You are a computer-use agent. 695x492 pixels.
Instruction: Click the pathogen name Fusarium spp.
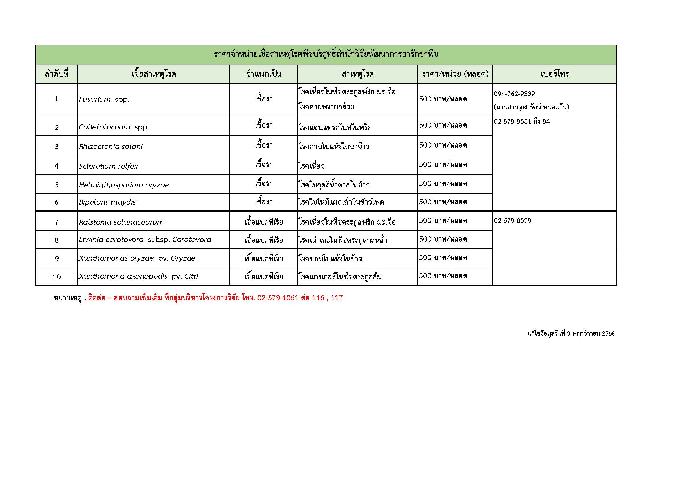coord(104,99)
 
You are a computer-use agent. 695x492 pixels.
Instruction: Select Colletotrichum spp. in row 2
coord(114,127)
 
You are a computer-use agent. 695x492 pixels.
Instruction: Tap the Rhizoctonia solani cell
coord(111,147)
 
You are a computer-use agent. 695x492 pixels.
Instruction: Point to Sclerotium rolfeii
coord(108,166)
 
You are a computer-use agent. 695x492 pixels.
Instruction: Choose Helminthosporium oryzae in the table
coord(124,185)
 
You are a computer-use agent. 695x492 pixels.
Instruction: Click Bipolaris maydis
coord(107,202)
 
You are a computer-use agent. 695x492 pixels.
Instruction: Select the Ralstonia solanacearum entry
coord(121,222)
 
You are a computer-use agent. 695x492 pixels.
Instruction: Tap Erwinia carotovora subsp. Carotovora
coord(145,239)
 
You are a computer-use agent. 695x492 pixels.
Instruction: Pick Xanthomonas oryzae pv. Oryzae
coord(137,258)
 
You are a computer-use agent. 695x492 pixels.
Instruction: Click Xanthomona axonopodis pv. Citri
coord(138,276)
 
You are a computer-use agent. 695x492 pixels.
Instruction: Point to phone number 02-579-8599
coord(512,220)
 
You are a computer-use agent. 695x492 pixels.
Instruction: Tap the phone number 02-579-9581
coord(513,121)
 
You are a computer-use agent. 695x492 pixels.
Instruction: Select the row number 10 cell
coord(57,277)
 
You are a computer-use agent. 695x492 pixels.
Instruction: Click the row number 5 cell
coord(57,185)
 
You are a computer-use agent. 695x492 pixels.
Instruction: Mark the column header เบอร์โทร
coord(554,74)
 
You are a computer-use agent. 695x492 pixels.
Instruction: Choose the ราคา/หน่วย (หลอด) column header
coord(455,74)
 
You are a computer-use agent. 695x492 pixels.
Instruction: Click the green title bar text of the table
coord(326,54)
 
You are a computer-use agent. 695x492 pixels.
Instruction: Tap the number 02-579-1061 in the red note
coord(278,298)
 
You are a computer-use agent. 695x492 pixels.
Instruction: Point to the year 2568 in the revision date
coord(608,333)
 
